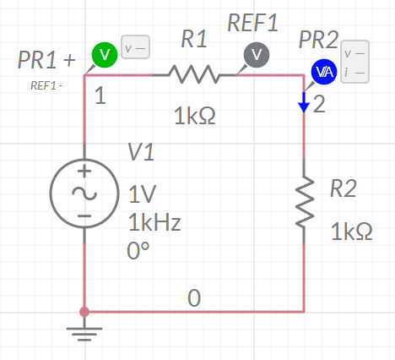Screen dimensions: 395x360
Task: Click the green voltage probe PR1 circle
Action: pos(105,55)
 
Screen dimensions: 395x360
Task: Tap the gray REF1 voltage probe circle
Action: pos(257,55)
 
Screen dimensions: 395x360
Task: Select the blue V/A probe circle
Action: pos(324,72)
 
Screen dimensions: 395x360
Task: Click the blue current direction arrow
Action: pos(304,102)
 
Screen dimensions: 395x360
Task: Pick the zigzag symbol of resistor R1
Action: pos(194,74)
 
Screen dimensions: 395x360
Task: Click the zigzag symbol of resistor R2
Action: pos(305,202)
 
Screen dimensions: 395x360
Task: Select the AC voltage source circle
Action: pos(84,194)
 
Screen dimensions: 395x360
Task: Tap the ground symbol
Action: pos(84,331)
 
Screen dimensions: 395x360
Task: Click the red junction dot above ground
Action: pos(84,312)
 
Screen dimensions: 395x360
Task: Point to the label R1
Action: pos(194,39)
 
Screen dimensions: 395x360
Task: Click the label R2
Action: pos(344,188)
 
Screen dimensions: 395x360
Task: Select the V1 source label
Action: pos(141,152)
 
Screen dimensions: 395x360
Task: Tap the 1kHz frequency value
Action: pos(154,222)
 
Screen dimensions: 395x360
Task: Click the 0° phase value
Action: pos(138,251)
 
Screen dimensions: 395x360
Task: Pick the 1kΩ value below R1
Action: pos(195,116)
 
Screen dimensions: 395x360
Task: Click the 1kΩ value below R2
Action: pos(352,232)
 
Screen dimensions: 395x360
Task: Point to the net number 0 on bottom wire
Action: pos(194,298)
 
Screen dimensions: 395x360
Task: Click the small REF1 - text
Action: pos(46,85)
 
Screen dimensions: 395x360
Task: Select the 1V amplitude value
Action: pos(142,194)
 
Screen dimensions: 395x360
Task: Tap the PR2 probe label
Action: pos(318,40)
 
